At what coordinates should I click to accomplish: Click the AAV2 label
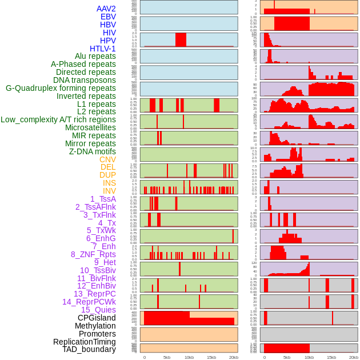click(106, 9)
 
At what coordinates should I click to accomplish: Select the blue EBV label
click(108, 17)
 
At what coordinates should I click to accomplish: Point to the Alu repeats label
click(95, 56)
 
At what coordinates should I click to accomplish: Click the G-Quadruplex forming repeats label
click(61, 88)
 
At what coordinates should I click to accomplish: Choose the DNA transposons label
click(85, 80)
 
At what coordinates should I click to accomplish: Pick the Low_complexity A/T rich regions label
click(58, 119)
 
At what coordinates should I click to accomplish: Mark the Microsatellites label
click(90, 127)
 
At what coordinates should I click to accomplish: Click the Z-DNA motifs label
click(93, 151)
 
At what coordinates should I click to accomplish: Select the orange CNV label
click(107, 159)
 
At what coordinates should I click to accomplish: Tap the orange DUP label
click(107, 175)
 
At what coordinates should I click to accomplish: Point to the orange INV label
click(109, 191)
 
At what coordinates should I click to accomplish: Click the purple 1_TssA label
click(103, 199)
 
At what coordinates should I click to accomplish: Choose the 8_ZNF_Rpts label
click(93, 254)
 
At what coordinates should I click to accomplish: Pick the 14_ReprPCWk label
click(89, 302)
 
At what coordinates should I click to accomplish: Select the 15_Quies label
click(98, 310)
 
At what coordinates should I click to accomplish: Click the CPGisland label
click(97, 318)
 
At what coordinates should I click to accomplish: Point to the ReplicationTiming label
click(85, 342)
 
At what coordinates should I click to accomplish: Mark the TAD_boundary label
click(89, 349)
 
